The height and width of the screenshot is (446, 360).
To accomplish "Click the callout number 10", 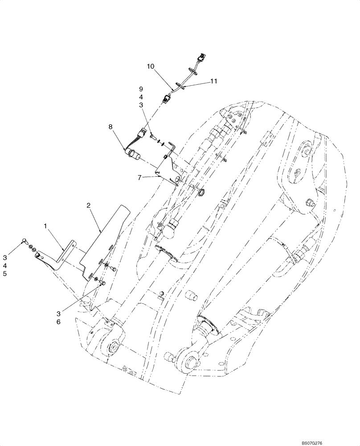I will click(152, 66).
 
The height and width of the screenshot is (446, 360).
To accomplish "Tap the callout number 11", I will click(213, 82).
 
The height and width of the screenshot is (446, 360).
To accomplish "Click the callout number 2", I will click(89, 206).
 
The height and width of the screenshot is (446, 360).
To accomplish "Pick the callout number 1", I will click(45, 226).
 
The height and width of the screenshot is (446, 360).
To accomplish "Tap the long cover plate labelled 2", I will click(105, 243).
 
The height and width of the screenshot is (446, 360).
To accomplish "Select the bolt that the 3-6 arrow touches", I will click(102, 282).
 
